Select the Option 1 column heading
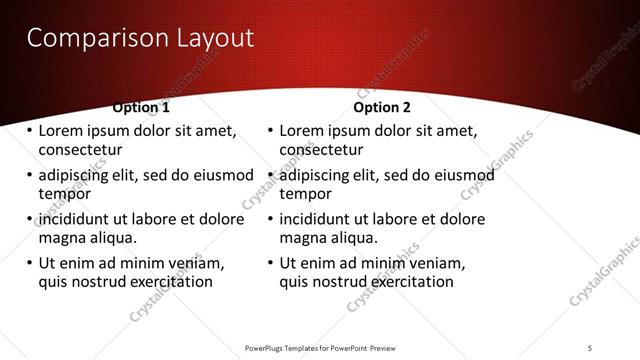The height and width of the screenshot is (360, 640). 141,107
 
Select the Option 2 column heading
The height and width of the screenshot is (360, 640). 382,107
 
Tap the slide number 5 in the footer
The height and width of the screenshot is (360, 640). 589,347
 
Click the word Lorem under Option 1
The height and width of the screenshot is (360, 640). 61,131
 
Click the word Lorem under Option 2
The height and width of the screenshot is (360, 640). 302,131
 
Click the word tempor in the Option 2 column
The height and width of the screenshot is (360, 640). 305,194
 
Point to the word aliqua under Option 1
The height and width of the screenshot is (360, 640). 111,238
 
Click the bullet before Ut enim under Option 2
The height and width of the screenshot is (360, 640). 270,264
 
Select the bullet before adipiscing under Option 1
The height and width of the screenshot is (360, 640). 29,176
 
